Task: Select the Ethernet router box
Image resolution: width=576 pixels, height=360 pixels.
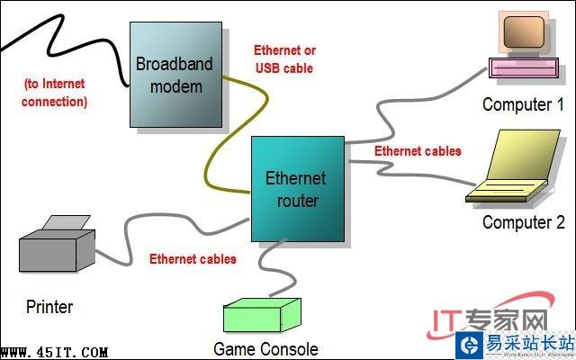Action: (x=298, y=189)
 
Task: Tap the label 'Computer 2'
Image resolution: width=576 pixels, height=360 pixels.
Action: (x=523, y=222)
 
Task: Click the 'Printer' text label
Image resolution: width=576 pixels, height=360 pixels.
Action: (x=49, y=307)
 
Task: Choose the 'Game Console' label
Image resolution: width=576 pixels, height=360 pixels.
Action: (x=265, y=347)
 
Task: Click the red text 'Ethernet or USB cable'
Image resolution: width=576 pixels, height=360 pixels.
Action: (x=284, y=58)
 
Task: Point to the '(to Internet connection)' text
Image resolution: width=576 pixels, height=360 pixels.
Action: (x=56, y=93)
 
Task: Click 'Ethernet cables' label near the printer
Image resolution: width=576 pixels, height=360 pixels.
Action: (x=193, y=259)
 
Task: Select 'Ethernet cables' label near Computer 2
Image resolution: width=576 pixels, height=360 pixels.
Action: (x=418, y=150)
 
